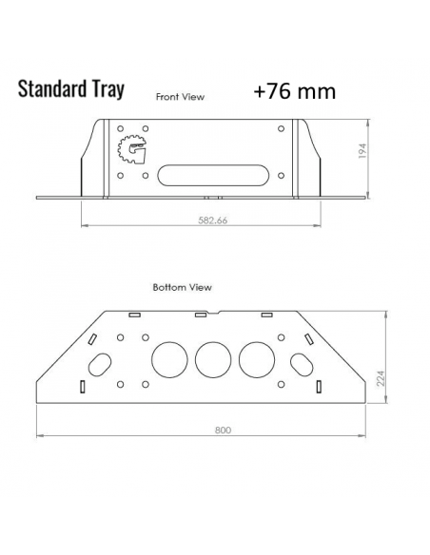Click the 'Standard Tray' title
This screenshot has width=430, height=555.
click(69, 90)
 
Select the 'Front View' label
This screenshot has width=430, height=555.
click(180, 97)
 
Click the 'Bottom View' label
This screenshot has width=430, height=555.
click(182, 285)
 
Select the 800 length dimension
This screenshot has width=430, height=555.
click(223, 430)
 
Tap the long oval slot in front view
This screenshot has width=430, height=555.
click(203, 174)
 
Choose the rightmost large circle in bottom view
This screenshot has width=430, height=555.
click(257, 359)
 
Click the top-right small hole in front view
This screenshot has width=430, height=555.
click(280, 129)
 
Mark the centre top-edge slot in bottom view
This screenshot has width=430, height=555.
click(200, 313)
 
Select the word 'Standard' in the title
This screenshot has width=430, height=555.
click(51, 90)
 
